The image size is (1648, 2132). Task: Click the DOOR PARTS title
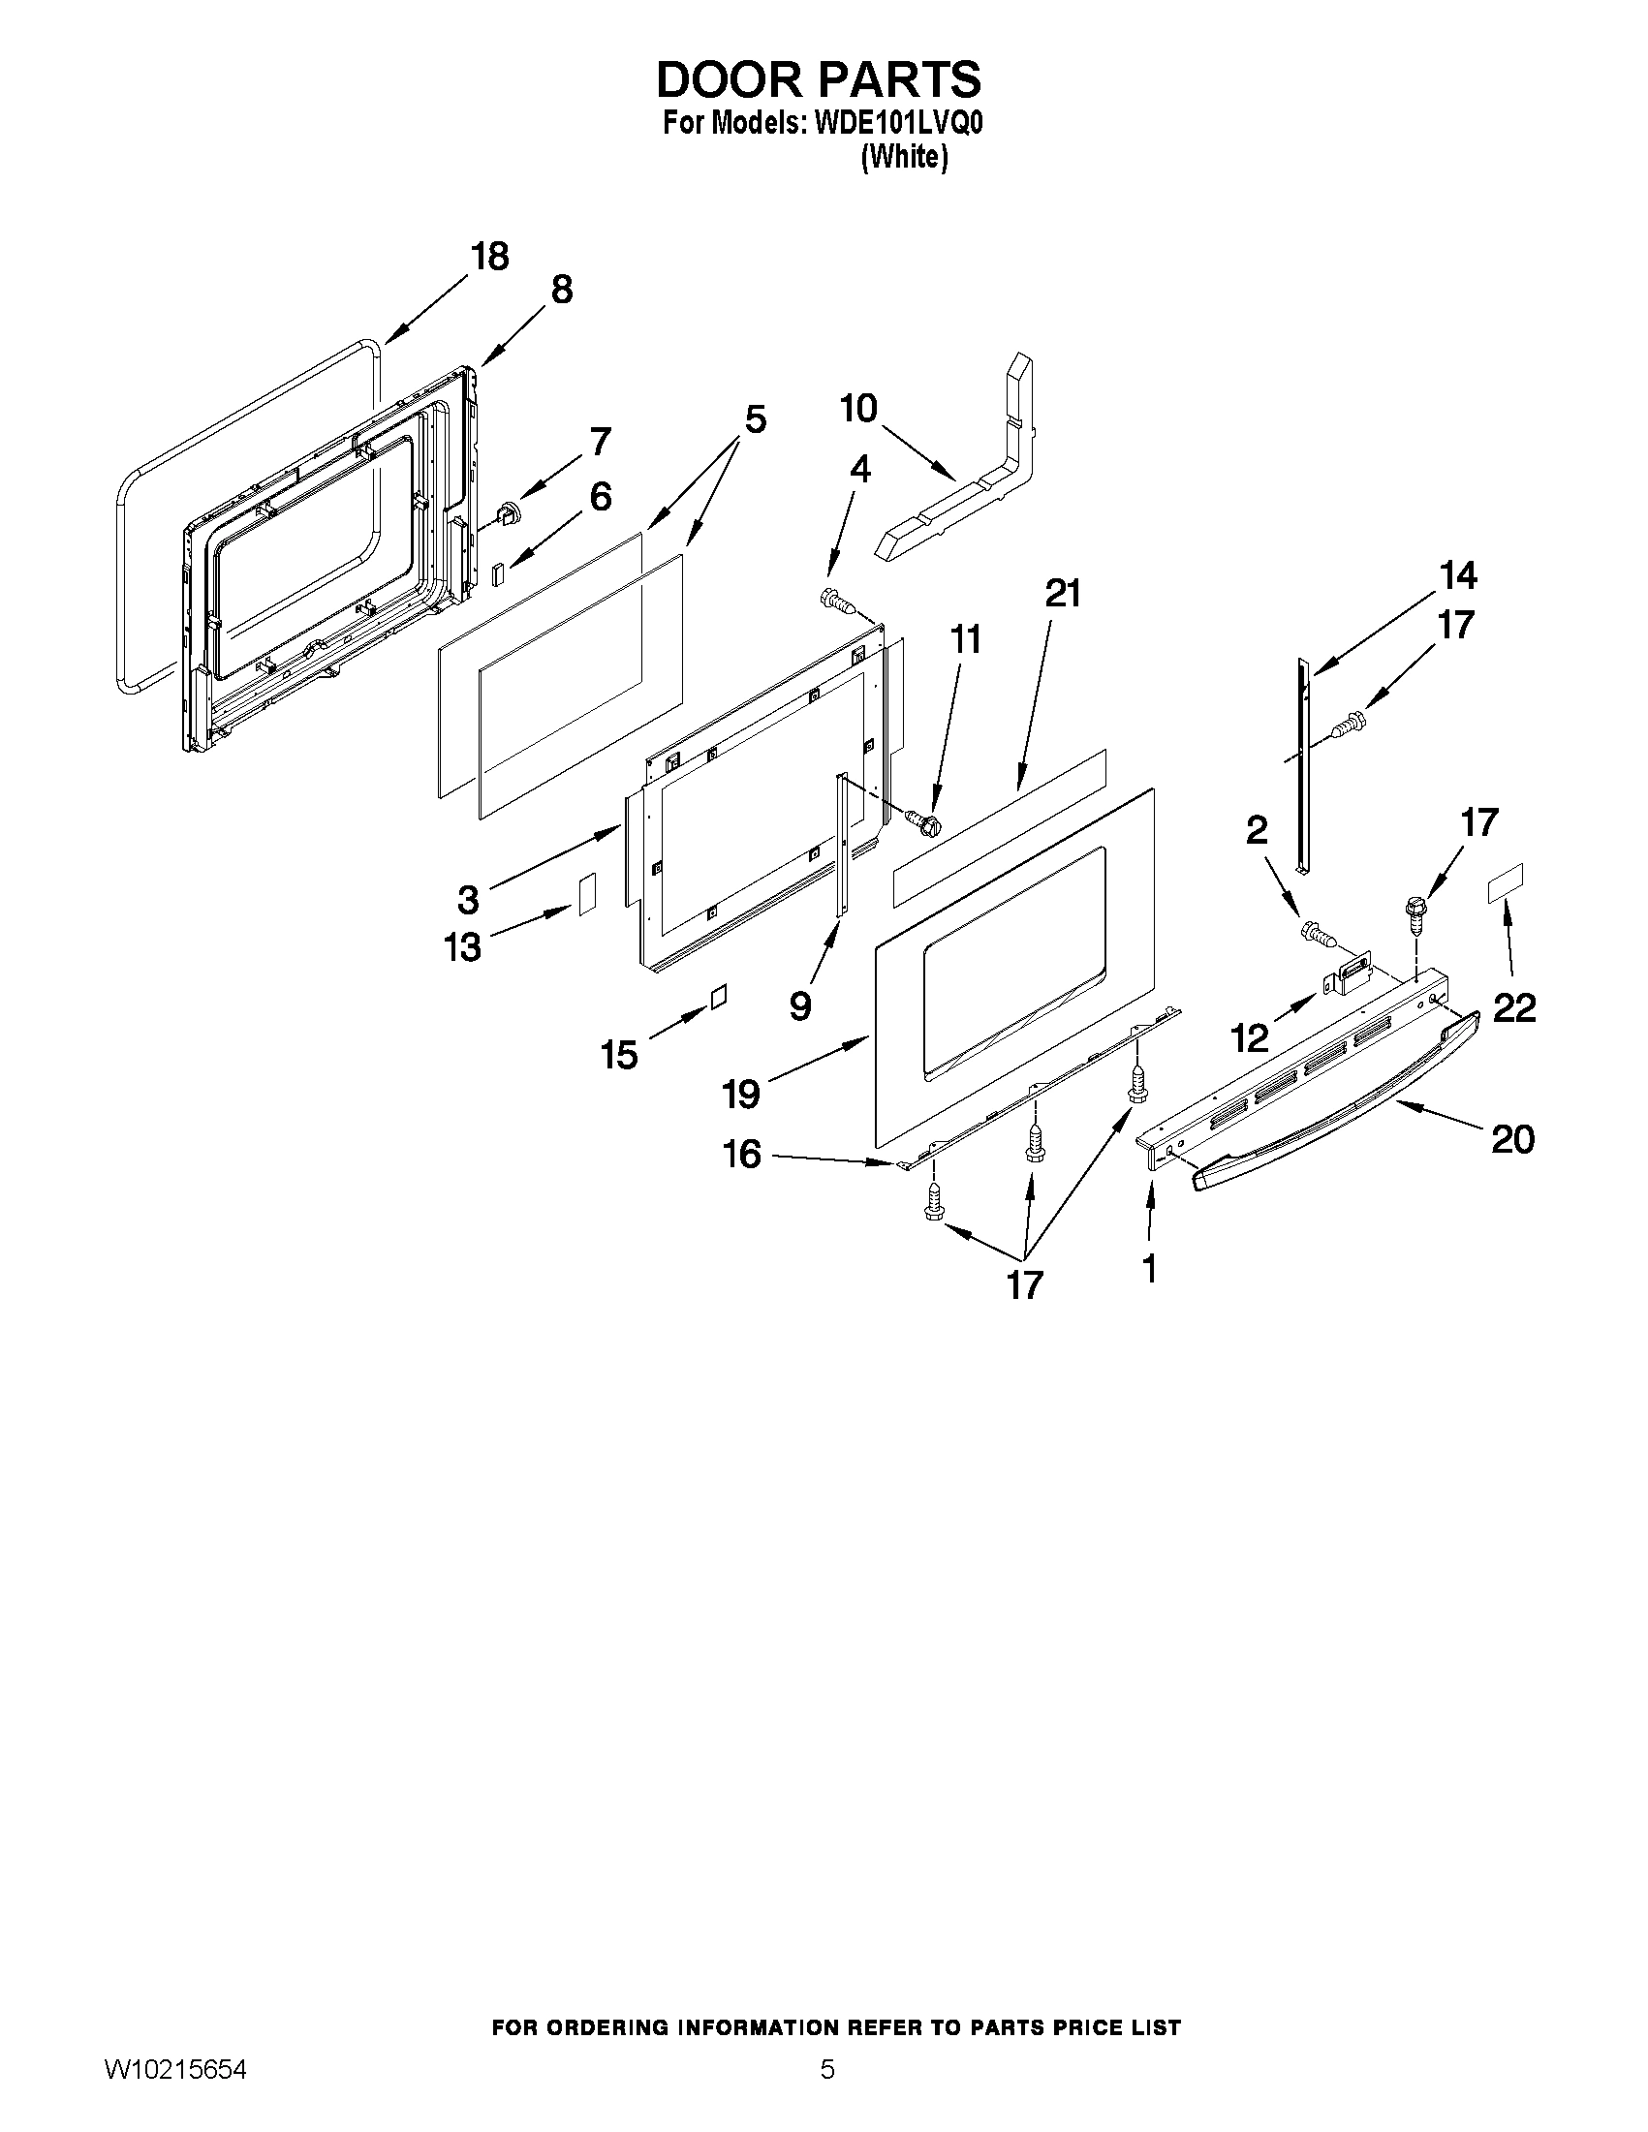[x=818, y=79]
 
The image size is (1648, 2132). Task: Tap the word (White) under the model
[x=904, y=156]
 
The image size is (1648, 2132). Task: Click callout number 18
[x=489, y=257]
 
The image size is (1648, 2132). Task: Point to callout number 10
[x=859, y=409]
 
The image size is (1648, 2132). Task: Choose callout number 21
[x=1063, y=594]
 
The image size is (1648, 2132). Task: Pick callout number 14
[x=1457, y=576]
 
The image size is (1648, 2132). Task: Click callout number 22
[x=1514, y=1007]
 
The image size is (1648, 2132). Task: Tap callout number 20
[x=1512, y=1138]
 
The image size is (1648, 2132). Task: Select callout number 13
[x=463, y=946]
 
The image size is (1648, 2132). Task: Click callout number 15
[x=619, y=1054]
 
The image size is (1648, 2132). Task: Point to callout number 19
[x=741, y=1094]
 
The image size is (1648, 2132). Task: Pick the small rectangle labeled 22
[x=1505, y=882]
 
